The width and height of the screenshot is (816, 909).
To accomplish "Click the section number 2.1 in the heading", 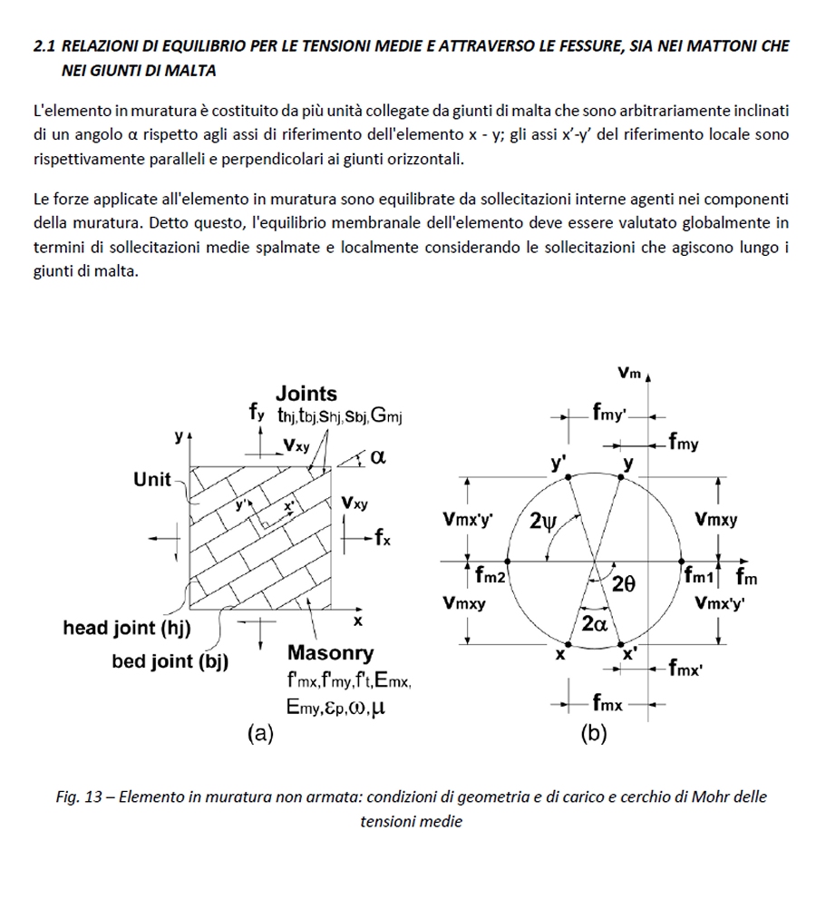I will point(44,45).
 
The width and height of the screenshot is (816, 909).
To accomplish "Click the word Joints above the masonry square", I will point(306,395).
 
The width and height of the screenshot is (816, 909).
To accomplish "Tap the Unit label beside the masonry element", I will point(152,480).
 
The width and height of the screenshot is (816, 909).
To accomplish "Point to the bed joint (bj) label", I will point(170,661).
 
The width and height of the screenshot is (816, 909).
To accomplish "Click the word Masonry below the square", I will point(330,653).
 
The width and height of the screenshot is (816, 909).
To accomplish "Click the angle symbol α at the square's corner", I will point(378,458).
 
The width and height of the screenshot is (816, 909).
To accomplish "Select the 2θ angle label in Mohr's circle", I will point(625,585).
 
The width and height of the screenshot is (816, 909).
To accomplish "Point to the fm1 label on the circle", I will point(701,574).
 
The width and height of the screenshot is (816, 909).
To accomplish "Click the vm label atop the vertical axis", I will point(628,373).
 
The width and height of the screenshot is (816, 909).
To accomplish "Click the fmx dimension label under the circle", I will point(607,703).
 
